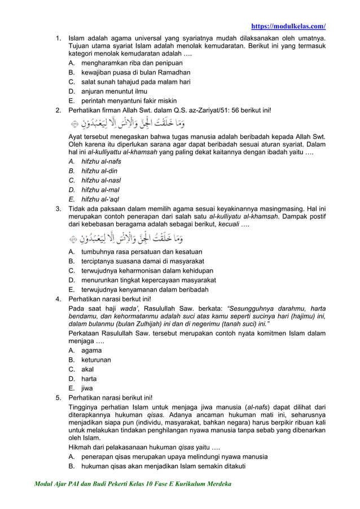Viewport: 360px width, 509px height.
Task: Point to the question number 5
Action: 58,397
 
